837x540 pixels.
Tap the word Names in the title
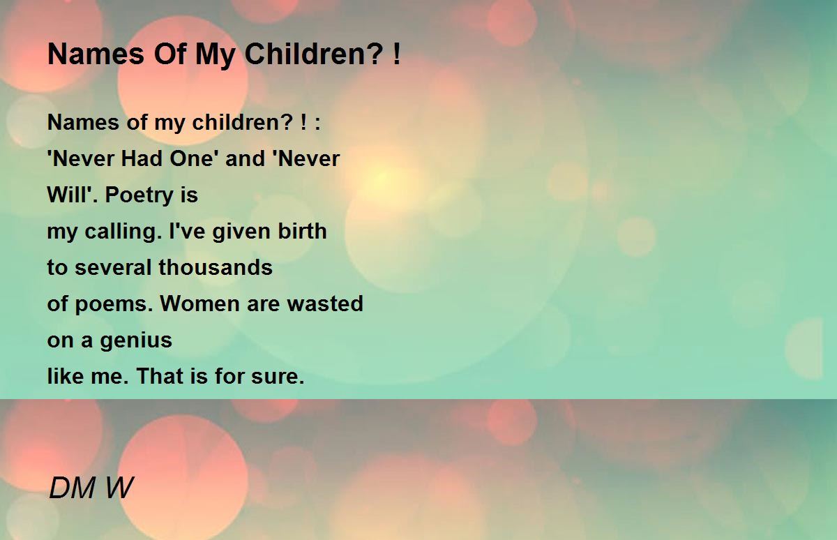(96, 54)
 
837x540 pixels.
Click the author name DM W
(91, 488)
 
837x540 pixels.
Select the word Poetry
(138, 196)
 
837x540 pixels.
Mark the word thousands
(216, 267)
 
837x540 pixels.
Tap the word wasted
(325, 303)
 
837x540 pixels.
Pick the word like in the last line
(66, 375)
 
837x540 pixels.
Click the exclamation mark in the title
(397, 54)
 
